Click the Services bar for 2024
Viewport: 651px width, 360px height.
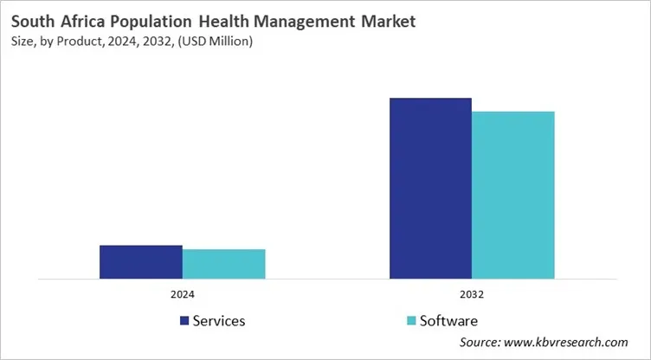tap(140, 262)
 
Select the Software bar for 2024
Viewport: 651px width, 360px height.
tap(223, 264)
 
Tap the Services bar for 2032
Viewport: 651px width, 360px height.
tap(430, 189)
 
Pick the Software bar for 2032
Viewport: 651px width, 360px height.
tap(512, 196)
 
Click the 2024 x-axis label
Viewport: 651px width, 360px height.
tap(182, 294)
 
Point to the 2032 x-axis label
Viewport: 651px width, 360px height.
tap(472, 294)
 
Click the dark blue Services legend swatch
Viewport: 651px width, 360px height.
tap(184, 321)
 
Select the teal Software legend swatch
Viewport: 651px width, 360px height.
tap(411, 321)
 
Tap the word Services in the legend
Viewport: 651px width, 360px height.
tap(219, 321)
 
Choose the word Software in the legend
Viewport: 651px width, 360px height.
tap(448, 321)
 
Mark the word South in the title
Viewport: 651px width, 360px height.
tap(32, 20)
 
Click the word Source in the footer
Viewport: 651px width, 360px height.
tap(479, 343)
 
